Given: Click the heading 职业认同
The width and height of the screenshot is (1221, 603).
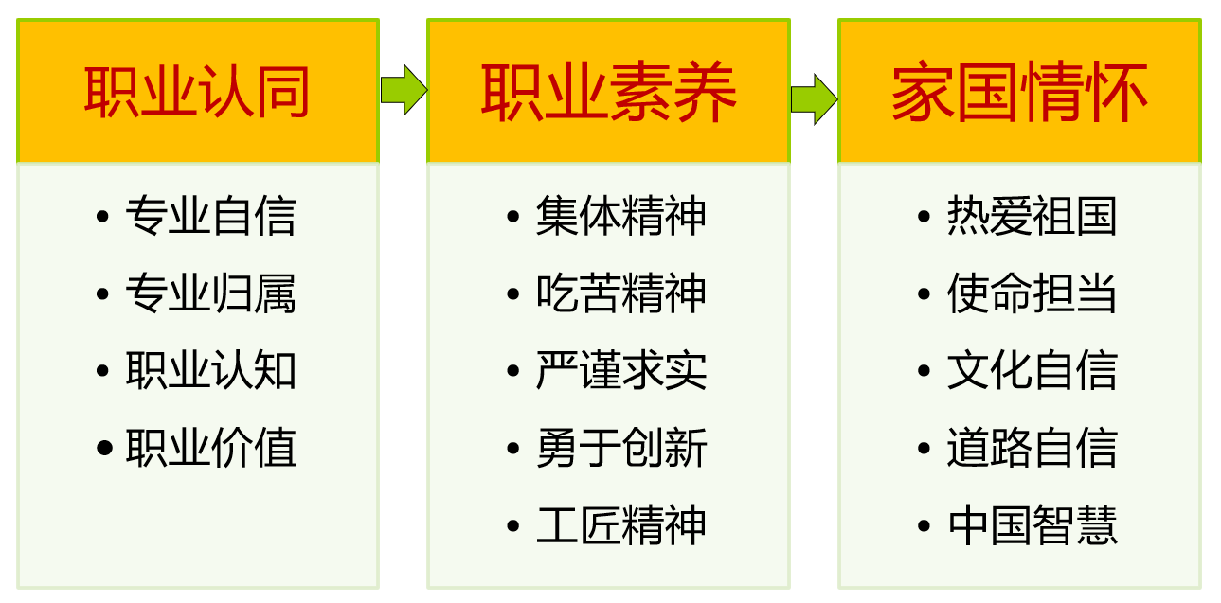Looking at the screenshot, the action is tap(197, 92).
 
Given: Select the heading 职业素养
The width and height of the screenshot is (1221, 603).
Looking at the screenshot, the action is tap(608, 92).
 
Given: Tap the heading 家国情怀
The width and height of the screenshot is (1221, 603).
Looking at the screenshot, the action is tap(1019, 92).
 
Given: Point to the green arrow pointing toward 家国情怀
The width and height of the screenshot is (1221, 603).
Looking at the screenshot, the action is tap(814, 96).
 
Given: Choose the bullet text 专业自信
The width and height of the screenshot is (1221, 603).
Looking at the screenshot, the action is tap(210, 216).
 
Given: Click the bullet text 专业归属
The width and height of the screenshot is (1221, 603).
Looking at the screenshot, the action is tap(210, 293).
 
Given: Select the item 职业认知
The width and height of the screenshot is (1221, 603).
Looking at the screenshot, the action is tap(210, 370).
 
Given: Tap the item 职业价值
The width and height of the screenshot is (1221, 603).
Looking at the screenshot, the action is tap(210, 448).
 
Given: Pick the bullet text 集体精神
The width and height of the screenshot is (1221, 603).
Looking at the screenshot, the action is tap(621, 216).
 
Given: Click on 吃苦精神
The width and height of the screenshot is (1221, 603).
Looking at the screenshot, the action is tap(621, 293).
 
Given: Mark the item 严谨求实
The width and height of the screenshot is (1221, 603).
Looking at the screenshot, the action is tap(621, 370).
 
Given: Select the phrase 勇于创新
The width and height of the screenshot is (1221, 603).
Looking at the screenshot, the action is tap(621, 448).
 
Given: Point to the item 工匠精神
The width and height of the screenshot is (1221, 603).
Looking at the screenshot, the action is tap(621, 525).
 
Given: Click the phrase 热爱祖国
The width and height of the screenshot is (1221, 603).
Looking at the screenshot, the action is tap(1032, 216).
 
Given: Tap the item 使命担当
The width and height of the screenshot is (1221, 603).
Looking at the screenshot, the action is tap(1032, 293).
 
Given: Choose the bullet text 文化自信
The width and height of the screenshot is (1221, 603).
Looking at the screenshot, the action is tap(1032, 370).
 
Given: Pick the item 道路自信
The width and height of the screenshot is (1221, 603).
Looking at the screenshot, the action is tap(1032, 448).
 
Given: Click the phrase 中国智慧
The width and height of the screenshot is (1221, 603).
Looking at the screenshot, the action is tap(1032, 525).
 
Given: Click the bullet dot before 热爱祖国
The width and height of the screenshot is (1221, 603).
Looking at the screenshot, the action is tap(925, 217).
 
